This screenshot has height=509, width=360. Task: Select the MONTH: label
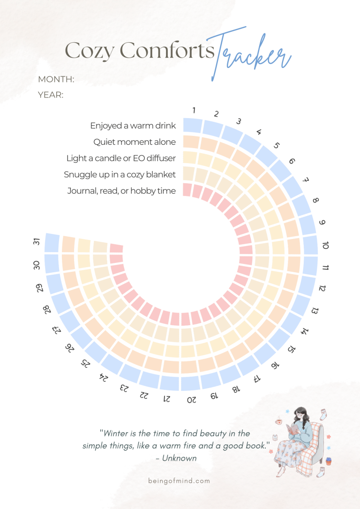[x=56, y=79]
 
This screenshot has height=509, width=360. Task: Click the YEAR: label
[x=50, y=95]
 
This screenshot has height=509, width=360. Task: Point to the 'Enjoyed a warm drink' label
[x=133, y=126]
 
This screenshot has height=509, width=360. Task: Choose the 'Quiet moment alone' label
[x=135, y=142]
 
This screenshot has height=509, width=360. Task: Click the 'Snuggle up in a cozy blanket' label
[x=120, y=174]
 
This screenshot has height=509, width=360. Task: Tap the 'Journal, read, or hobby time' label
[x=121, y=191]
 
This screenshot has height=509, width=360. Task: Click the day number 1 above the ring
[x=194, y=110]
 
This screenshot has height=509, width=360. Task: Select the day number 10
[x=326, y=245]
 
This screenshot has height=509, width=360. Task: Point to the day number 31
[x=37, y=242]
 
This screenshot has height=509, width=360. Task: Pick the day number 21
[x=166, y=398]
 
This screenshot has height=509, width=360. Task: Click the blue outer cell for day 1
[x=192, y=125]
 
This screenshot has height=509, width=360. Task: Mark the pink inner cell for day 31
[x=116, y=248]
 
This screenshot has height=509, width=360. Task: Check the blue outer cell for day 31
[x=52, y=242]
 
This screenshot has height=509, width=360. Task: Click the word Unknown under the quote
[x=179, y=458]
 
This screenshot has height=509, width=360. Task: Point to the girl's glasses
[x=300, y=414]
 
